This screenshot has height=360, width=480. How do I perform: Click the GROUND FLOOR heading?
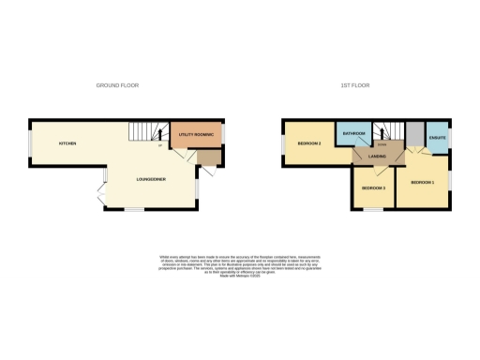117,85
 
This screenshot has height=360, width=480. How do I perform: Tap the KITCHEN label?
67,143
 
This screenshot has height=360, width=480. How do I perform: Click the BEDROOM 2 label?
310,143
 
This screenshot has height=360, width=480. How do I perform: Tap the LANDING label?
378,157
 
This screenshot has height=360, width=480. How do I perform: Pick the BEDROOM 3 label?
373,188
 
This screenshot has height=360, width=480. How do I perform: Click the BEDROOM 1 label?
422,182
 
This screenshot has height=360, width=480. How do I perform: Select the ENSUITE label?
437,139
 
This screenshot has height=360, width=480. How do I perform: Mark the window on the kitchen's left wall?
29,143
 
